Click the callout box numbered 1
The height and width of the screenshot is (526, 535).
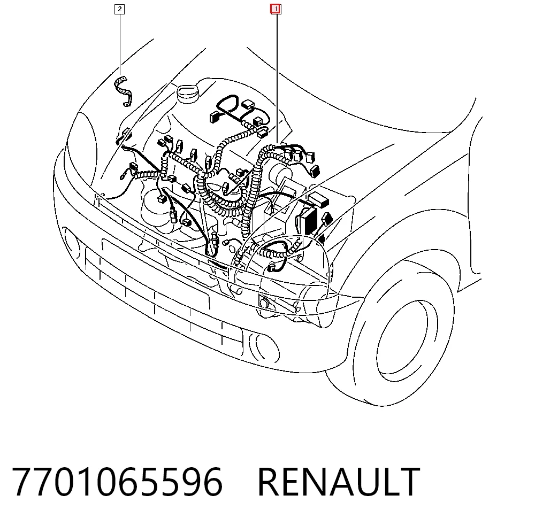pos(276,9)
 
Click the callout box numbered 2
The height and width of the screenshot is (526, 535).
pos(119,9)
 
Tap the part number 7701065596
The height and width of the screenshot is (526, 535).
pos(117,482)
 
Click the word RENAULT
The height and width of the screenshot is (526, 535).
pos(339,482)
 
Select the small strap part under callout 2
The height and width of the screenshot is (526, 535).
pos(123,91)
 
